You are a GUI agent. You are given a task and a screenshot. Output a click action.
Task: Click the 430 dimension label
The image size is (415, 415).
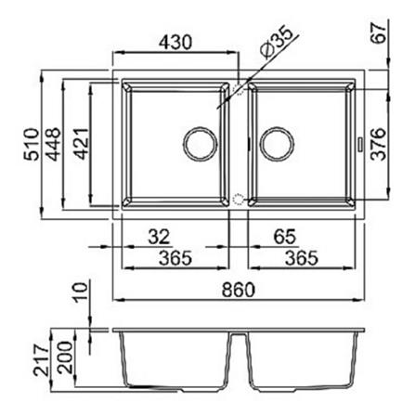pyautogui.click(x=175, y=42)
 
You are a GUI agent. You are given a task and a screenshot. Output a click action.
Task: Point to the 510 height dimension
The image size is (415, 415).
pyautogui.click(x=32, y=144)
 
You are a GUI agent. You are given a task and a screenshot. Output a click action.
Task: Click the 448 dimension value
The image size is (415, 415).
pyautogui.click(x=52, y=144)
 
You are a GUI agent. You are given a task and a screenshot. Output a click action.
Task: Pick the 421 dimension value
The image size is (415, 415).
pyautogui.click(x=82, y=143)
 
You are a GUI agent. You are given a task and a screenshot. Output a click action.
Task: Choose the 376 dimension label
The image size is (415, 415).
pyautogui.click(x=379, y=144)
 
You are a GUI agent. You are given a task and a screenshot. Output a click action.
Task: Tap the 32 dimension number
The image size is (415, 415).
pyautogui.click(x=159, y=237)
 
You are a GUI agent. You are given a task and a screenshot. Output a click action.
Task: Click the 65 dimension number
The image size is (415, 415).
pyautogui.click(x=285, y=237)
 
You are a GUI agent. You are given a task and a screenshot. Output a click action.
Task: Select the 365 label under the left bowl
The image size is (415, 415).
pyautogui.click(x=175, y=258)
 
